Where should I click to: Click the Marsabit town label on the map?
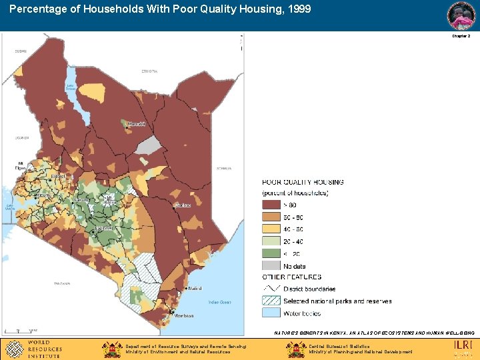point(136,124)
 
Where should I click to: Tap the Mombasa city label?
point(184,315)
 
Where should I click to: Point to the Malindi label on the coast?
point(195,289)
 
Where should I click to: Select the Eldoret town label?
point(59,177)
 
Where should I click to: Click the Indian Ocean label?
point(219,303)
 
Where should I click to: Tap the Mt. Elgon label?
point(20,165)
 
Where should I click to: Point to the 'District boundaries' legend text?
point(309,289)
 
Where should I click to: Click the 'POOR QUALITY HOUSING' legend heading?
point(303,182)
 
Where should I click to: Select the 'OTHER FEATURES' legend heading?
point(292,277)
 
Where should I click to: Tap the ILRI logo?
point(463,345)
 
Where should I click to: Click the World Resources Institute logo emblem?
point(13,349)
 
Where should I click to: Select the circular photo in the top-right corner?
point(461,15)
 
